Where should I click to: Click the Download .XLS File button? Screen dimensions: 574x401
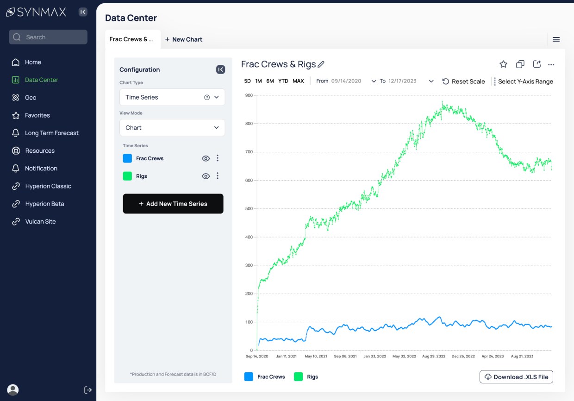(516, 376)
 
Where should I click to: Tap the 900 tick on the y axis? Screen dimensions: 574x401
(249, 95)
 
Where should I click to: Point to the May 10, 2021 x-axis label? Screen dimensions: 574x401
(316, 356)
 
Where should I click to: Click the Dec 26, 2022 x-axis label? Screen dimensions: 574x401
(463, 356)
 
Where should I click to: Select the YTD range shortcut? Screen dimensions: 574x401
(283, 81)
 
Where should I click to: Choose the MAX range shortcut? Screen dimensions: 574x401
(298, 81)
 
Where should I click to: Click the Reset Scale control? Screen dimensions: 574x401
(463, 81)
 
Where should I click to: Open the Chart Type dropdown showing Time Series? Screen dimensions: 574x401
(172, 97)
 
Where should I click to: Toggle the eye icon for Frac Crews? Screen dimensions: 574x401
(206, 158)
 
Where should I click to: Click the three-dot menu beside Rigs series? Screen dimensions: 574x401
(218, 176)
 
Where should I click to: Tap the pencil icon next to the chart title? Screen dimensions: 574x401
(321, 64)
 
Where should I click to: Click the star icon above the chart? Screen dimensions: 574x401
(503, 64)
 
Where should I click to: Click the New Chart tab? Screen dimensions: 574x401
(184, 39)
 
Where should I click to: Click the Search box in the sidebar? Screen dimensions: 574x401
(48, 37)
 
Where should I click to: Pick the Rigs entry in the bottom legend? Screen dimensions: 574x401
(306, 376)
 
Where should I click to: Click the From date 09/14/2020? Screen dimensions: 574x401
(346, 81)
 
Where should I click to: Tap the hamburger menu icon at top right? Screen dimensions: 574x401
(556, 39)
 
